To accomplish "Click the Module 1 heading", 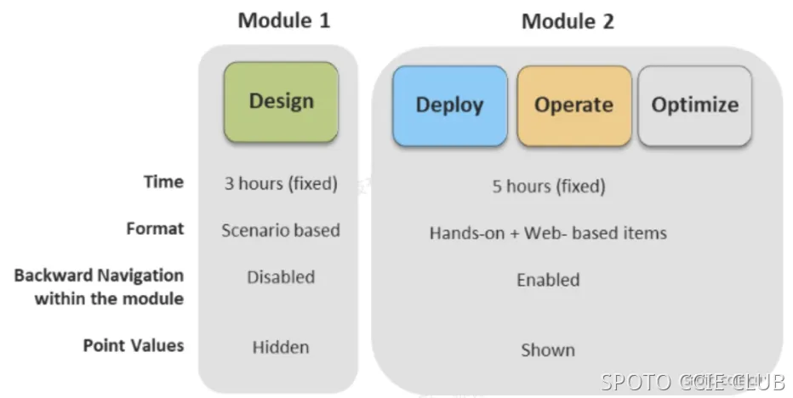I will (x=283, y=20).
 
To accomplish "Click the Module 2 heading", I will (x=567, y=21).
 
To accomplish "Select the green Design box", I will (x=281, y=101).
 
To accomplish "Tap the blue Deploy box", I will (x=449, y=105).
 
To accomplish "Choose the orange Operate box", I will (x=573, y=105).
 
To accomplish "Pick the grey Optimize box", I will (x=694, y=105).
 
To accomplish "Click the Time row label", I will (x=163, y=181).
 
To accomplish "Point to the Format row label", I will (x=155, y=229).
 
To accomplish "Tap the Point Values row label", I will (x=133, y=345).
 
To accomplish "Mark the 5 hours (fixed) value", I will (x=548, y=185).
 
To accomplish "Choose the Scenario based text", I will (x=280, y=230).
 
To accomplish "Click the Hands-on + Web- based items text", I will (x=548, y=232).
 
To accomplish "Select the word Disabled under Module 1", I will (x=280, y=277).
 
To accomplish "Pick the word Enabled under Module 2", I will (x=548, y=280).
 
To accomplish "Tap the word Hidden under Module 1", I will (x=280, y=347).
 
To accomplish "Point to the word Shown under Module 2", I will (x=548, y=350).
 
